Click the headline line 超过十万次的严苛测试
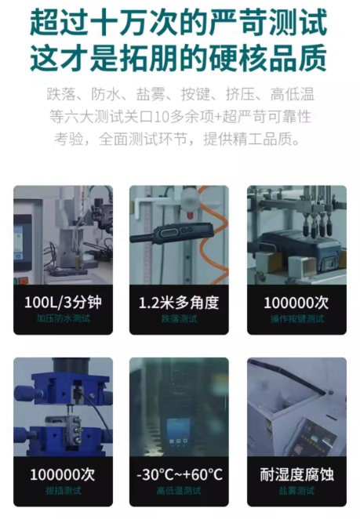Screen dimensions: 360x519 click(x=179, y=23)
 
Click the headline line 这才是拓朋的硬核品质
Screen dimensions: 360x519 click(x=179, y=58)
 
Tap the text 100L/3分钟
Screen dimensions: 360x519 click(x=63, y=302)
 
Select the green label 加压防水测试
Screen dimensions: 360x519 click(x=64, y=319)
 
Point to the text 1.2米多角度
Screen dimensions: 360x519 click(x=179, y=303)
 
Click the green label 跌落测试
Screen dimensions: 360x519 click(x=179, y=319)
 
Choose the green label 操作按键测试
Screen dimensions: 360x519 click(x=296, y=319)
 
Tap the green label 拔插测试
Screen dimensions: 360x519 click(x=64, y=491)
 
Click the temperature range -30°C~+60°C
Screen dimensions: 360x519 click(x=179, y=474)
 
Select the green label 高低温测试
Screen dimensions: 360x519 click(x=179, y=491)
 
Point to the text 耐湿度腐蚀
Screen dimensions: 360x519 click(x=296, y=474)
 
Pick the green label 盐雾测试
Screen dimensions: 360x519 click(x=296, y=491)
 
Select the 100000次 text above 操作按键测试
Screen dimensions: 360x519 click(x=296, y=303)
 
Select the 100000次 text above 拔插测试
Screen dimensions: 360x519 click(x=63, y=474)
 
